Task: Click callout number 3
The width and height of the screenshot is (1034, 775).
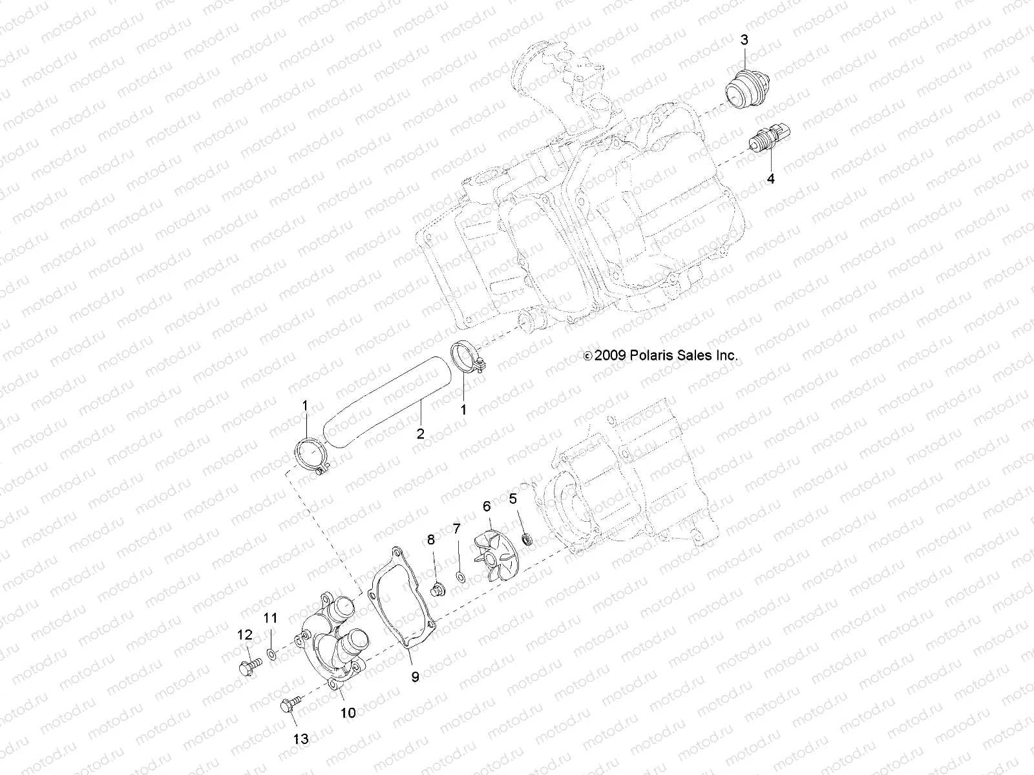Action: click(x=744, y=40)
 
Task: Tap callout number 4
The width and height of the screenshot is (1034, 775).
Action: click(x=770, y=179)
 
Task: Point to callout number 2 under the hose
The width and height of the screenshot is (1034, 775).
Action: click(x=420, y=433)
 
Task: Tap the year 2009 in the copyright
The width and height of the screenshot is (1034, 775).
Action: click(x=608, y=355)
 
